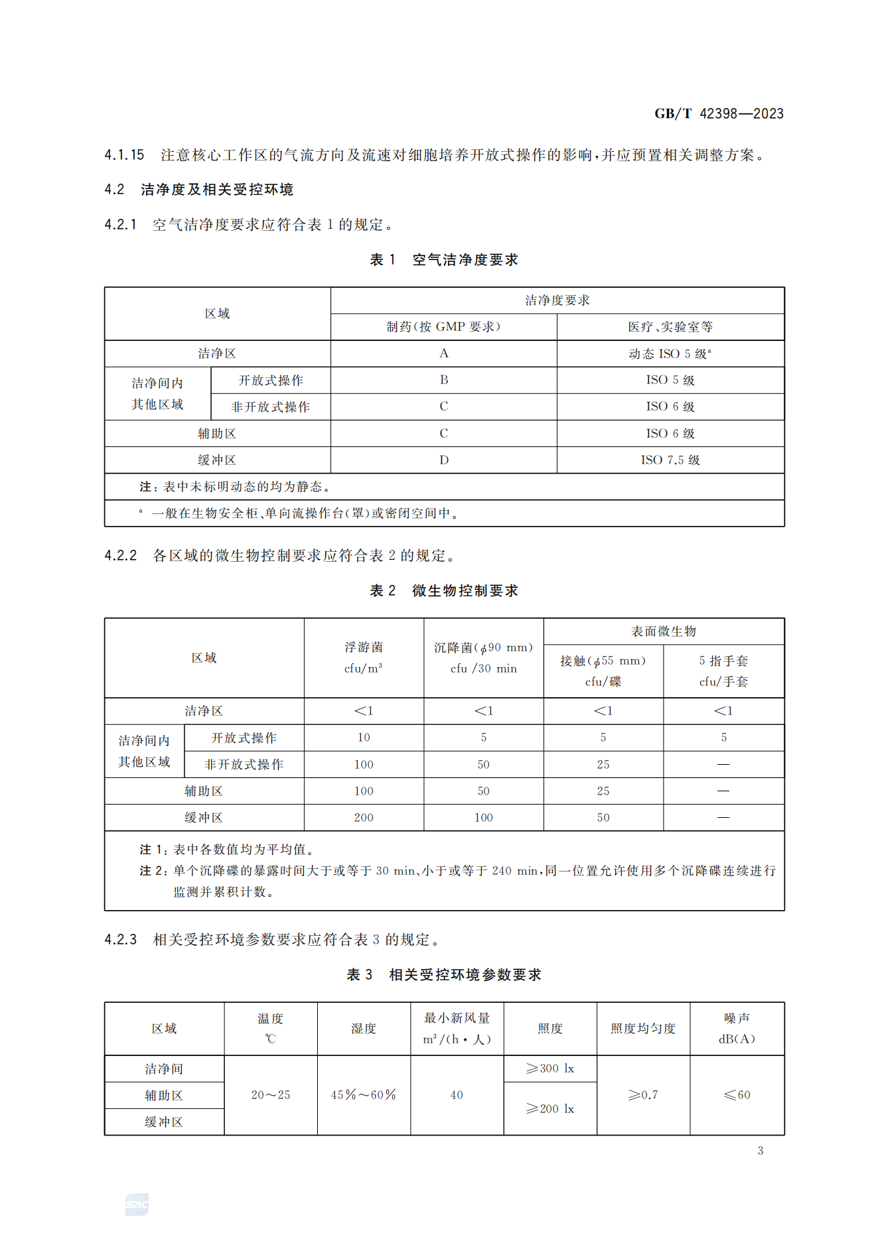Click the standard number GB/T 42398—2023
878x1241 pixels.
click(719, 113)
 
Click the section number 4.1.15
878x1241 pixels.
click(124, 155)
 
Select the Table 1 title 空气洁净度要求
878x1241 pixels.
click(465, 260)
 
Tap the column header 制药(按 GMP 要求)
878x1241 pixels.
click(443, 327)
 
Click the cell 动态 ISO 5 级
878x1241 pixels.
click(670, 354)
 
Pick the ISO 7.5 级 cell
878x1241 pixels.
click(670, 460)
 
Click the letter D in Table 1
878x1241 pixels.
click(443, 460)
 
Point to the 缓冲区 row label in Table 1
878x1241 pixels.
click(217, 460)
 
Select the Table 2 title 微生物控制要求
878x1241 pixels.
click(465, 591)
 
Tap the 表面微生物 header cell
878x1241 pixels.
click(663, 631)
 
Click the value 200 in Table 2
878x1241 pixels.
click(363, 818)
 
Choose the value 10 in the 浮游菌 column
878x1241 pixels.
click(363, 738)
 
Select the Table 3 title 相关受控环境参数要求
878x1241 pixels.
click(465, 975)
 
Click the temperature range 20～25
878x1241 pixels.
click(270, 1095)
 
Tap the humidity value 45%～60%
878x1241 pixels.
click(363, 1095)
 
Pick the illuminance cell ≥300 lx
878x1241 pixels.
click(549, 1069)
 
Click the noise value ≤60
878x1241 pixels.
click(737, 1095)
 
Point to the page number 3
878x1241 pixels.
click(761, 1151)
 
